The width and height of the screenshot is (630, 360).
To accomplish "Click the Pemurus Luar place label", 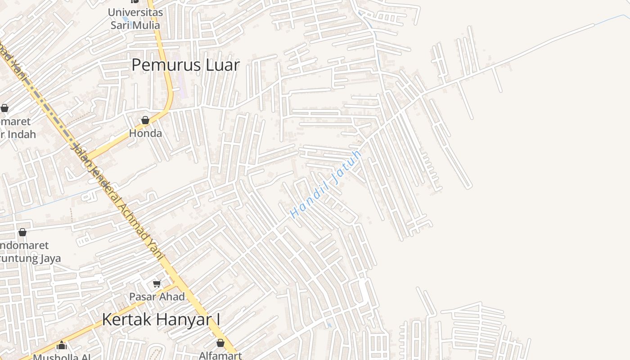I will click(185, 65).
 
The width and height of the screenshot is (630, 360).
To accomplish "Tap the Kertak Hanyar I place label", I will click(161, 319).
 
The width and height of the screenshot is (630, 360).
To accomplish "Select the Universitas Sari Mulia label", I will click(135, 18).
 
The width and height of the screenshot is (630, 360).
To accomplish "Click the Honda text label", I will click(145, 134).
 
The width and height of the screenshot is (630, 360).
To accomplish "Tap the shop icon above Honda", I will click(145, 121).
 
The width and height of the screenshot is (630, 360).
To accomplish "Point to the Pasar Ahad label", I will click(157, 297).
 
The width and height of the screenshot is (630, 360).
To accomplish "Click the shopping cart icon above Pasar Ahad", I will click(157, 283).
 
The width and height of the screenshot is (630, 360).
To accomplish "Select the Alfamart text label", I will click(220, 355).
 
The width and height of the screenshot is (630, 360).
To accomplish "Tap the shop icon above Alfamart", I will click(220, 343).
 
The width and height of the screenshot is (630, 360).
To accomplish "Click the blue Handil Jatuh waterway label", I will click(326, 184).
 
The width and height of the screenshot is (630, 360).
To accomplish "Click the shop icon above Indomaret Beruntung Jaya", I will click(22, 233).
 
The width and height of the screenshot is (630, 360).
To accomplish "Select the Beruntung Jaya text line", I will click(30, 259).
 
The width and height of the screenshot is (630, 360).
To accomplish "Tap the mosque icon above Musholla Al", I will click(62, 346).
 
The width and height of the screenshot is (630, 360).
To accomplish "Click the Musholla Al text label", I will click(62, 357).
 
